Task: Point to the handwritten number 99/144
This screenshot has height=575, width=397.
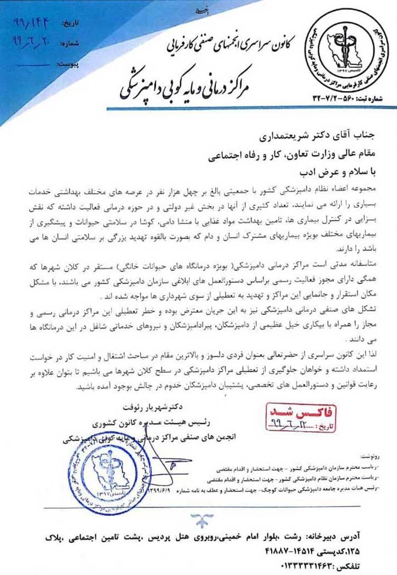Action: [x=33, y=24]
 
